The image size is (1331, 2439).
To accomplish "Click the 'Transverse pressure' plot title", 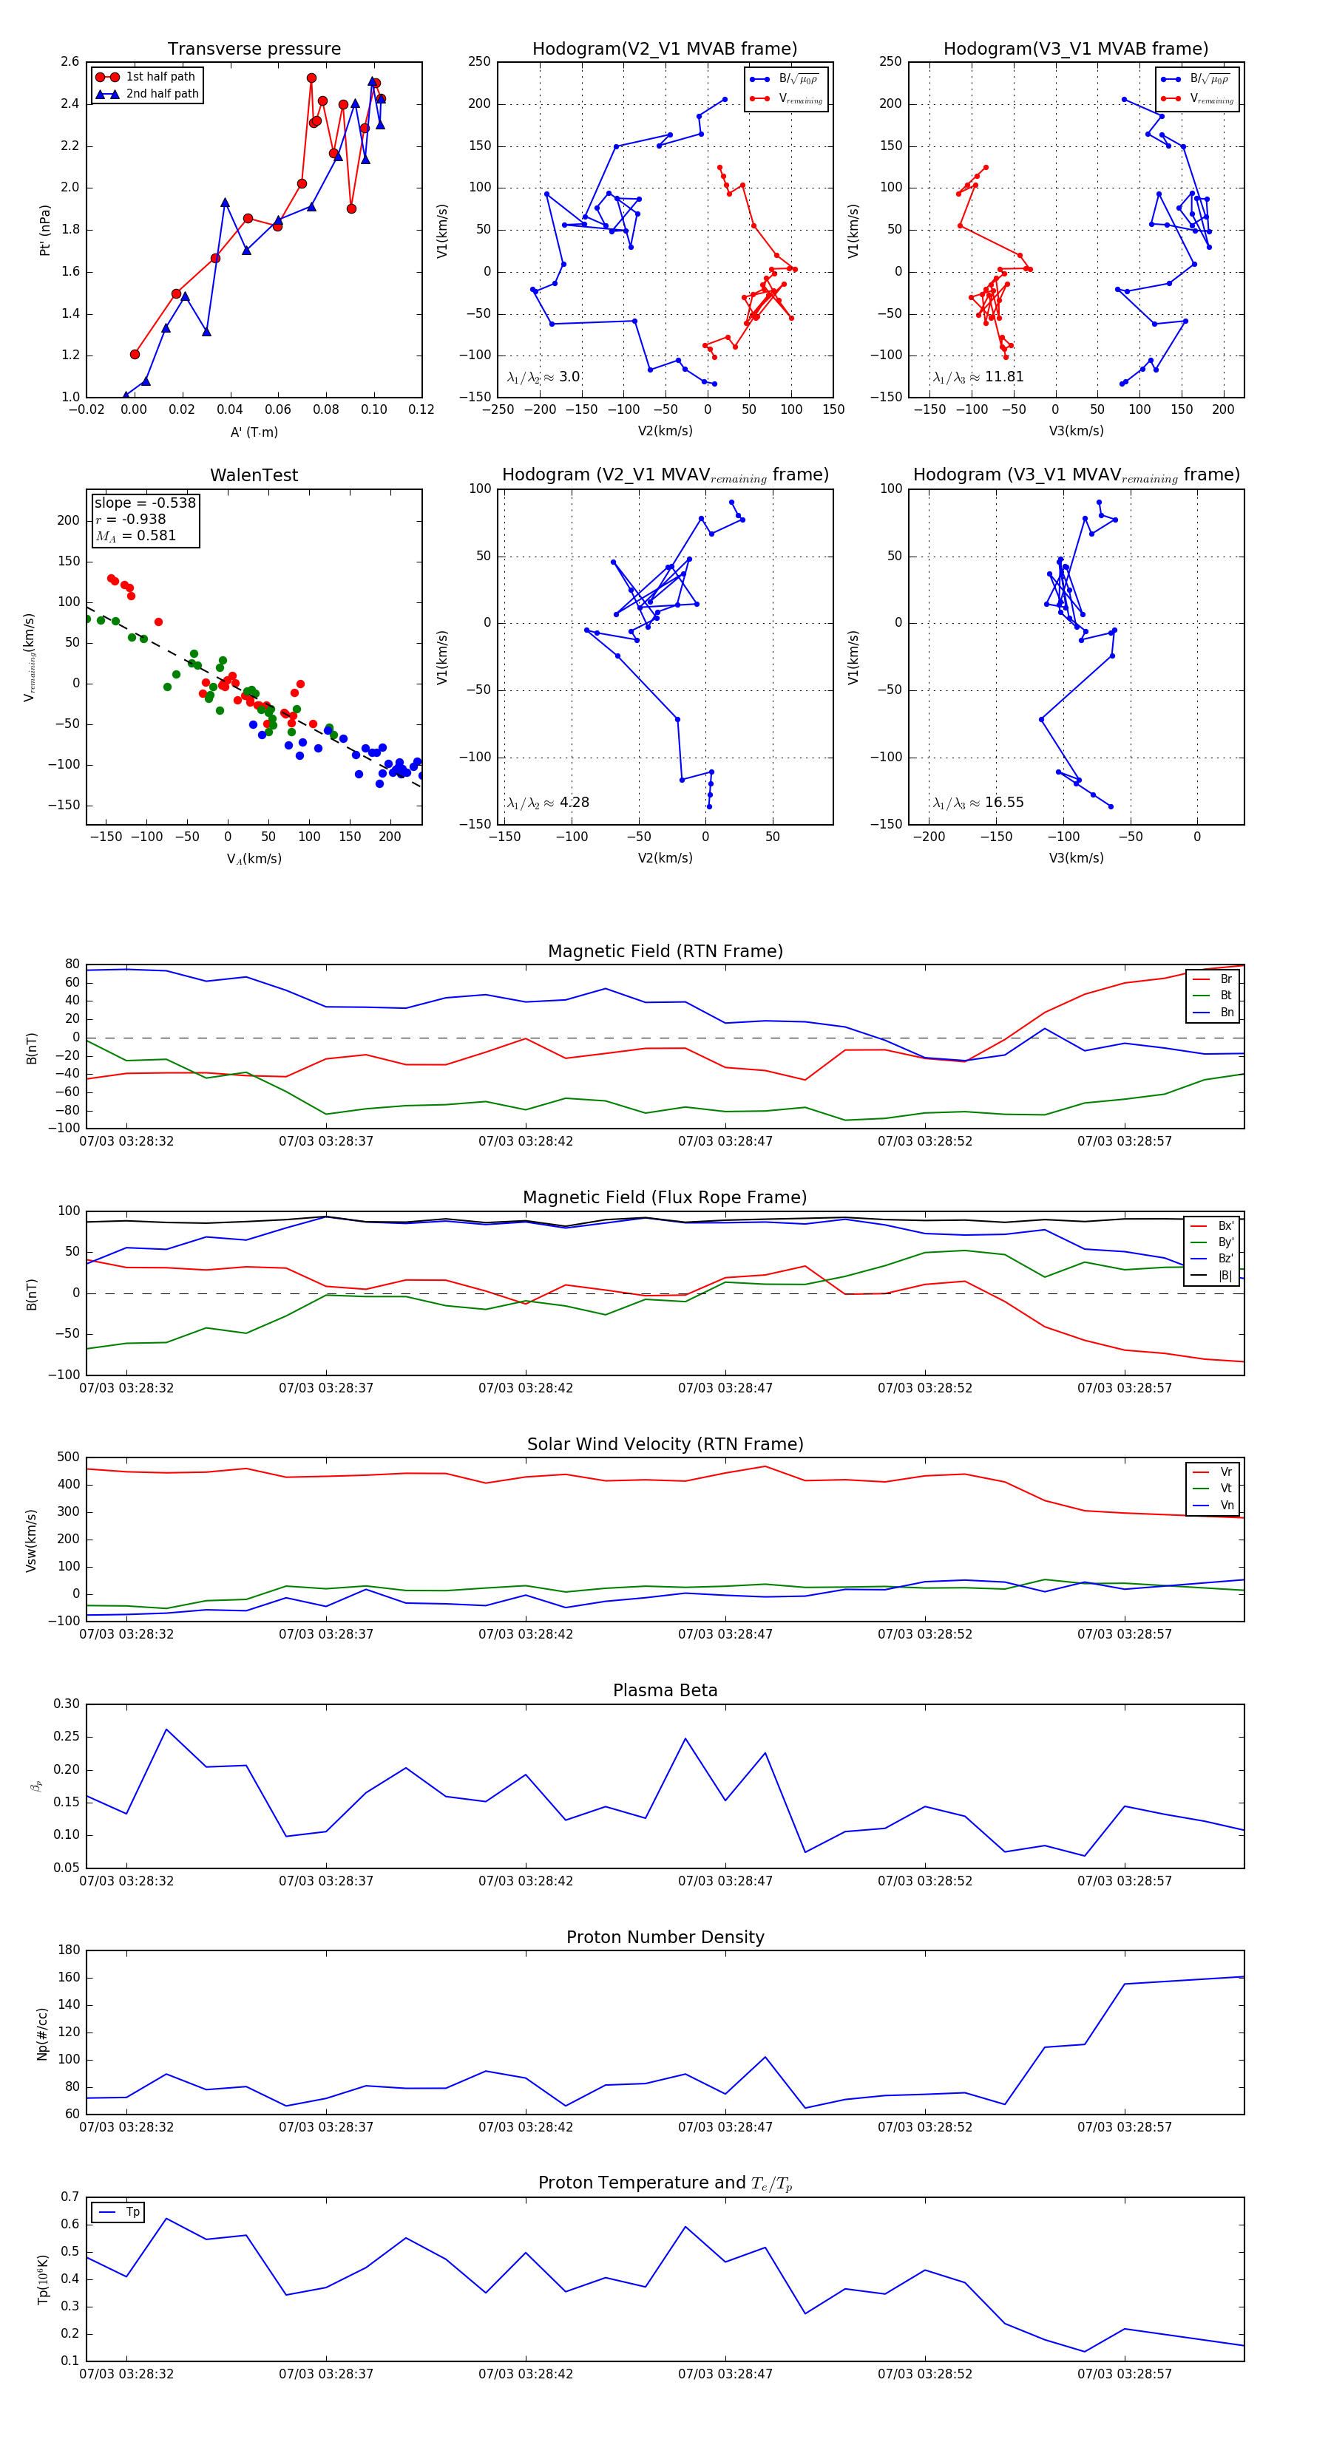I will (254, 50).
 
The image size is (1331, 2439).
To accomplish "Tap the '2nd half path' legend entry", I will (162, 94).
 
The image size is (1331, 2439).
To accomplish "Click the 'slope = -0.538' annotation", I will (145, 503).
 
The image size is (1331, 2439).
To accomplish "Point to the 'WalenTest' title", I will (254, 475).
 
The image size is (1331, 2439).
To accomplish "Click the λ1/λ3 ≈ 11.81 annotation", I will (978, 377).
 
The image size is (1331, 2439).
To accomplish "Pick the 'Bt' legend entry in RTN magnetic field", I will (1226, 995).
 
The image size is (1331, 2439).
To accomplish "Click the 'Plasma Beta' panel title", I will (665, 1691).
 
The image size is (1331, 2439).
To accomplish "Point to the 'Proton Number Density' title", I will (665, 1937).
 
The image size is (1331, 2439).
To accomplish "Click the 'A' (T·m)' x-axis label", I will (254, 432).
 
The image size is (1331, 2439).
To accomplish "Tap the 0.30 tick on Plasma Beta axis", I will (67, 1704).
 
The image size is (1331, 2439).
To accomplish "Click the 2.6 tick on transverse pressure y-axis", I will (70, 61).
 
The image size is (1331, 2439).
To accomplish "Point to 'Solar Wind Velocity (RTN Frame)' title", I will (665, 1444).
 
